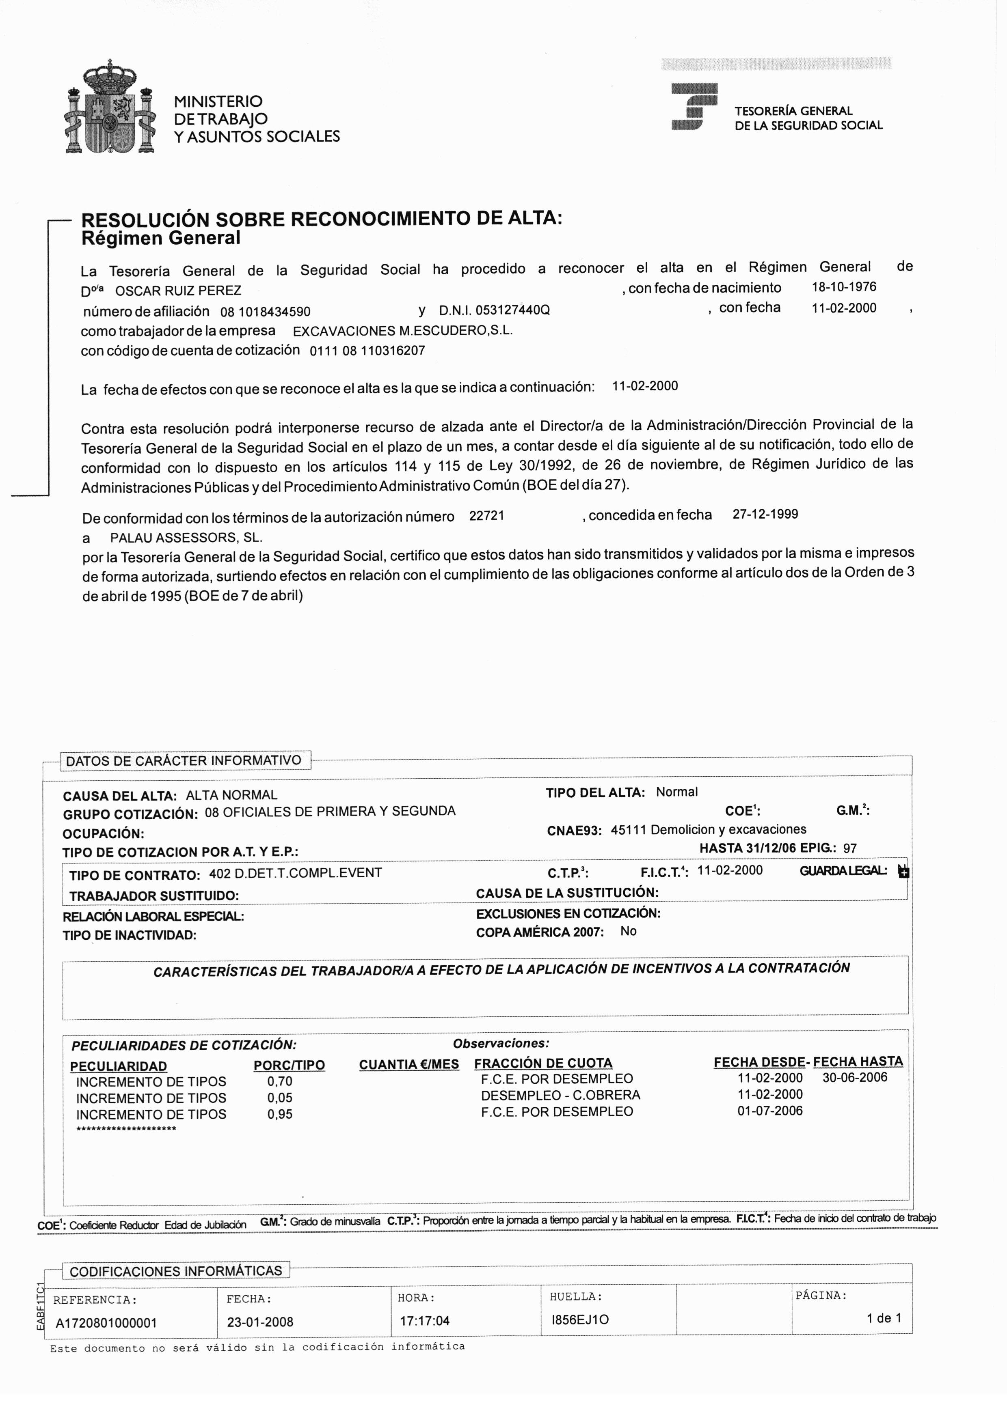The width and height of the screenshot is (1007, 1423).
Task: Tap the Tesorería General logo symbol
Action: [x=694, y=107]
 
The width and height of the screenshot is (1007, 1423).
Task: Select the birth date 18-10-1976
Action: [x=844, y=287]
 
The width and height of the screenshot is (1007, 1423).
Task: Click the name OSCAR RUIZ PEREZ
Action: [x=179, y=291]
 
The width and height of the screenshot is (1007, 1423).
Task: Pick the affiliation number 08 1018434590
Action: [x=266, y=311]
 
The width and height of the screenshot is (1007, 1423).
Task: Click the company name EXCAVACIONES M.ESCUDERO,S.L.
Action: [x=402, y=330]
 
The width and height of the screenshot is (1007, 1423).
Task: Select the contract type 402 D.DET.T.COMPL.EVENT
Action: [x=295, y=873]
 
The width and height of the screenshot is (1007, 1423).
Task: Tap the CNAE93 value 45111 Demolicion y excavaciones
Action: [x=708, y=830]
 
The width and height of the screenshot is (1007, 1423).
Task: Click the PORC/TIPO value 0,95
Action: [x=280, y=1114]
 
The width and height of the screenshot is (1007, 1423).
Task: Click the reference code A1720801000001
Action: [x=106, y=1323]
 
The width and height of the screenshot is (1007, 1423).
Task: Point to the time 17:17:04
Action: [x=424, y=1321]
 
